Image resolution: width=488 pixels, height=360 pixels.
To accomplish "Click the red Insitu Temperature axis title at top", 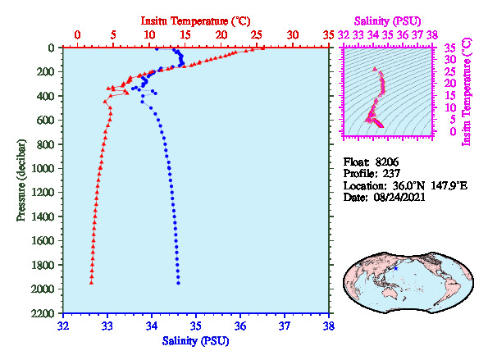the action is pyautogui.click(x=195, y=21).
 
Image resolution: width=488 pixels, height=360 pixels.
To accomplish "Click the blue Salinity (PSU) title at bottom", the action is pyautogui.click(x=195, y=341).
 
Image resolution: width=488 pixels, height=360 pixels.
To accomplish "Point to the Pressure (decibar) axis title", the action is pyautogui.click(x=21, y=180).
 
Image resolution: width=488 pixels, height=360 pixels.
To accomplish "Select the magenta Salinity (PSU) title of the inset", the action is pyautogui.click(x=387, y=21).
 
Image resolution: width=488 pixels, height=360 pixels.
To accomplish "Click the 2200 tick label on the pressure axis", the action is pyautogui.click(x=43, y=313).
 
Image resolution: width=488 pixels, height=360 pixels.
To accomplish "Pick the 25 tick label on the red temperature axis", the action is pyautogui.click(x=257, y=34).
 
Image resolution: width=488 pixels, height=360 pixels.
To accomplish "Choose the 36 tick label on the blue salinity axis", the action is pyautogui.click(x=240, y=326).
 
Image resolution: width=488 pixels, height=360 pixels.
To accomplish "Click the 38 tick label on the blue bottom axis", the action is pyautogui.click(x=329, y=326).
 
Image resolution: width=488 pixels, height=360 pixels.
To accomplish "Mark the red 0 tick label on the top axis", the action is pyautogui.click(x=77, y=34).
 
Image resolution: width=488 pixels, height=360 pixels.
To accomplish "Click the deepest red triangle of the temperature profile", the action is pyautogui.click(x=91, y=282).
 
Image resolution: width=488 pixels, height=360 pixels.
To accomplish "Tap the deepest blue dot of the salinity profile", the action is pyautogui.click(x=178, y=283).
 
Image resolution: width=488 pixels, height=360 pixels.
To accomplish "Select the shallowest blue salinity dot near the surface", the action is pyautogui.click(x=157, y=49).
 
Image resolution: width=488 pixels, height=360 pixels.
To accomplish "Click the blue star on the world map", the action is pyautogui.click(x=395, y=268).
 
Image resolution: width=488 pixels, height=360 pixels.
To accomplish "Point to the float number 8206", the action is pyautogui.click(x=386, y=162).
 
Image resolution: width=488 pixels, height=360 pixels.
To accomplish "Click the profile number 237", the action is pyautogui.click(x=391, y=173).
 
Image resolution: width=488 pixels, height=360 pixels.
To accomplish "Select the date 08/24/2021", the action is pyautogui.click(x=399, y=197).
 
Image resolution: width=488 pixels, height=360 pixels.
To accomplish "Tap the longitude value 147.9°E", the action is pyautogui.click(x=449, y=186).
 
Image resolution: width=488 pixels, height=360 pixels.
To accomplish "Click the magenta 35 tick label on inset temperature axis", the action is pyautogui.click(x=450, y=48).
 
